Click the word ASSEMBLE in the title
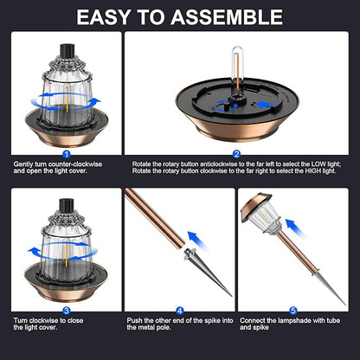coord(227,17)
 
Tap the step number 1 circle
coord(67,154)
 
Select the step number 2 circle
coord(236,154)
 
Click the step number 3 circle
coord(67,311)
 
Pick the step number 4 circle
coord(180,311)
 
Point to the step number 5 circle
coord(293,311)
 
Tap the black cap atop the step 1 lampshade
coord(67,51)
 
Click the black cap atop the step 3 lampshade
coord(67,205)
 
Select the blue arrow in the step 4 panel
coord(197,240)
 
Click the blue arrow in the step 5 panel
coord(295,228)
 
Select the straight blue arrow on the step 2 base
coord(266,105)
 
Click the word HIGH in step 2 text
coord(313,170)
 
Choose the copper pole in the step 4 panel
coord(155,218)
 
